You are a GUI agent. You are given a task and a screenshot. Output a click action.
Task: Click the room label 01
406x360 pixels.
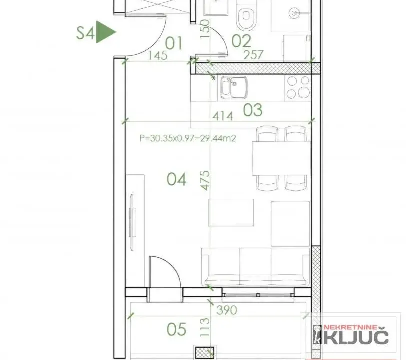(173, 43)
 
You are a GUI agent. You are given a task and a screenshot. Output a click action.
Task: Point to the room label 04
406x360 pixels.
(176, 179)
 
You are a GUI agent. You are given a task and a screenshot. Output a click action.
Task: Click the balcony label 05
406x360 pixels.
(176, 329)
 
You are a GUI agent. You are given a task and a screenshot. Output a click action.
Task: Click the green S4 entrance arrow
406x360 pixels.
(106, 32)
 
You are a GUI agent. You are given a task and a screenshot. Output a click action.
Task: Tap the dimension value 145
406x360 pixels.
(157, 55)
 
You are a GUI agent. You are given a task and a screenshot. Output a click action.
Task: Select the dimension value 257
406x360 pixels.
(253, 55)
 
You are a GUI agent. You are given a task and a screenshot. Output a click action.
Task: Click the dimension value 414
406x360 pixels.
(222, 116)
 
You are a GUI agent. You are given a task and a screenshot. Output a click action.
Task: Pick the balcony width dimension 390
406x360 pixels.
(227, 310)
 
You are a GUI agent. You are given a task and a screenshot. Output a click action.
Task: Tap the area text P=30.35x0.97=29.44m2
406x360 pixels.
(188, 138)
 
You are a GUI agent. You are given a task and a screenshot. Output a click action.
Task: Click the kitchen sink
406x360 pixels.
(233, 88)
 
